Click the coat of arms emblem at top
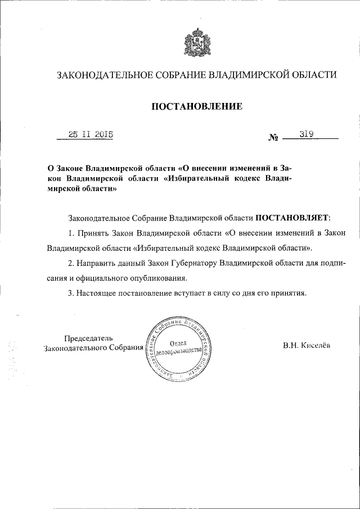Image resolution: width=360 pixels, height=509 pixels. (x=196, y=43)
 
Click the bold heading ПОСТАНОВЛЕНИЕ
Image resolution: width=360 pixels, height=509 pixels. (x=196, y=106)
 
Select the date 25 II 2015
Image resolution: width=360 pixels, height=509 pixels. (x=90, y=134)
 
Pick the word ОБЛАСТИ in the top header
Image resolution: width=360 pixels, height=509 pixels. (x=312, y=74)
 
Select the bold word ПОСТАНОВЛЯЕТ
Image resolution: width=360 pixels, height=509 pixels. (x=293, y=216)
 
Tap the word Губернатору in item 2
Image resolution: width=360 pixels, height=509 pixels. (x=194, y=263)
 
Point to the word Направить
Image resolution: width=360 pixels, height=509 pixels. (x=96, y=263)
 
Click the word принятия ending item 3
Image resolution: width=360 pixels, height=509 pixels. (x=288, y=293)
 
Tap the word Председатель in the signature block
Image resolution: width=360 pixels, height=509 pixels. (x=89, y=337)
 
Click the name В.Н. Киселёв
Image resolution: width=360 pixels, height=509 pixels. (x=308, y=346)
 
